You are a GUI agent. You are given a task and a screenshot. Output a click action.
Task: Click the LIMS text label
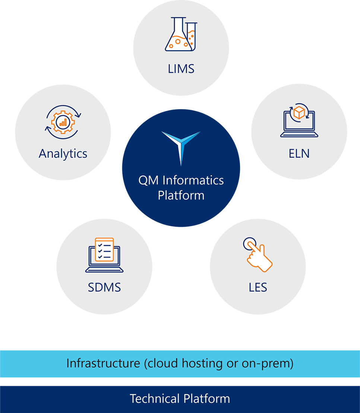181,69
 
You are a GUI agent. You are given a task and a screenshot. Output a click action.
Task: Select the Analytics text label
63,153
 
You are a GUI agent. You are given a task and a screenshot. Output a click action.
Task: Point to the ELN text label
299,153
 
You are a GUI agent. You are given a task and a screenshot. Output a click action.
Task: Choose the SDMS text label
104,287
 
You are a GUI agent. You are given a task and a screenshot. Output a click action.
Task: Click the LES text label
258,287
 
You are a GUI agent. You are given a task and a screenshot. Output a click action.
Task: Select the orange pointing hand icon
259,255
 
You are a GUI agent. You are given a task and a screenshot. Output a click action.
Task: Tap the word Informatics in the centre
193,180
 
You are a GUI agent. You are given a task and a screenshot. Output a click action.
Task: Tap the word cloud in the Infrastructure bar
162,363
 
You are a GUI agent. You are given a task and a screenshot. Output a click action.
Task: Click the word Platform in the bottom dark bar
207,398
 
